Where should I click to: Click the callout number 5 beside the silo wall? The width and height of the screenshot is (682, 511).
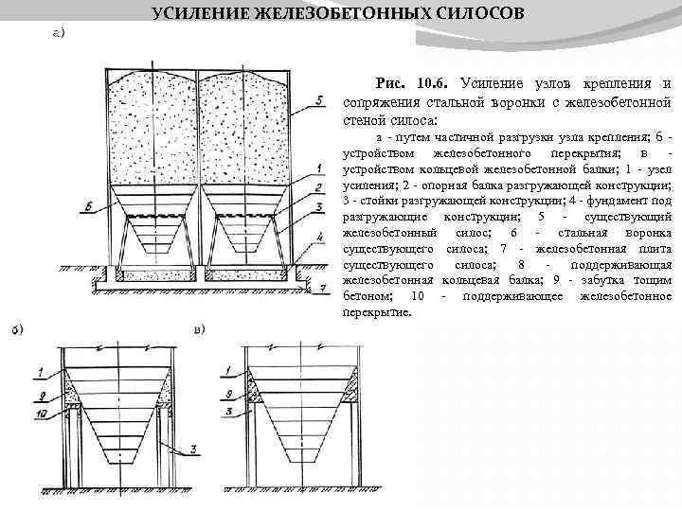[x=322, y=97]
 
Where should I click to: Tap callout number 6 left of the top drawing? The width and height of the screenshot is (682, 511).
[x=88, y=204]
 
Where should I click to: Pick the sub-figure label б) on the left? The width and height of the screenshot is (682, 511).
[x=17, y=330]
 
